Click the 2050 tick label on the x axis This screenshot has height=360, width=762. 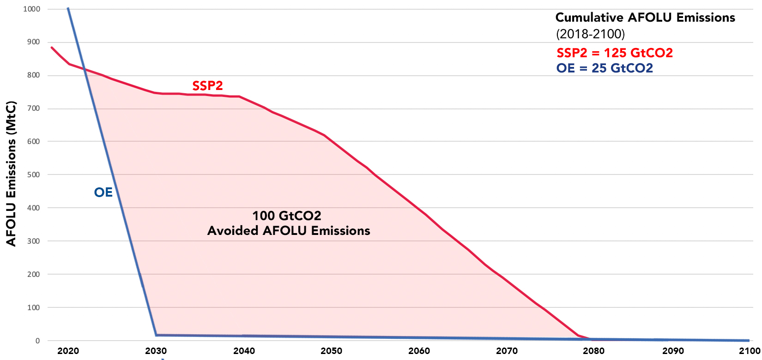[x=332, y=351]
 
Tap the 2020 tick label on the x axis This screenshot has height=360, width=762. [x=68, y=351]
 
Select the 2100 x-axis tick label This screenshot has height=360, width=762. [x=750, y=351]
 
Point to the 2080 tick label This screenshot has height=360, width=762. [x=594, y=351]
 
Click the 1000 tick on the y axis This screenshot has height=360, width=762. [x=31, y=9]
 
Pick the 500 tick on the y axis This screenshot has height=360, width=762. [x=34, y=175]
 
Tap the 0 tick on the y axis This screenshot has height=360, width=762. [x=38, y=341]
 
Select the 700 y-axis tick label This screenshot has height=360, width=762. [x=34, y=108]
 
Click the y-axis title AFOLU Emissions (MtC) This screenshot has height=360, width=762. [x=11, y=174]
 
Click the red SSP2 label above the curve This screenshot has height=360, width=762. [x=207, y=85]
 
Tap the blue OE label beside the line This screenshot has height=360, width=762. [x=103, y=192]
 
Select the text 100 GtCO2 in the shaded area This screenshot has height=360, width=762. [x=286, y=216]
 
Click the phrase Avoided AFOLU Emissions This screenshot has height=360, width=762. [x=289, y=231]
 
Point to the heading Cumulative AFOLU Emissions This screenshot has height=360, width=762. [x=645, y=18]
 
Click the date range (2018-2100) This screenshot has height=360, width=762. [x=590, y=34]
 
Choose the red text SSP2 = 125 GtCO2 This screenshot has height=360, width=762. [x=614, y=53]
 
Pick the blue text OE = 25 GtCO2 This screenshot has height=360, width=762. [x=605, y=68]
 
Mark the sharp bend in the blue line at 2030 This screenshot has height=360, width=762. [x=156, y=335]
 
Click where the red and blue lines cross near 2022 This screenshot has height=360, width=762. [x=85, y=69]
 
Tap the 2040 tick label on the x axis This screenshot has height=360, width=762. [x=244, y=351]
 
